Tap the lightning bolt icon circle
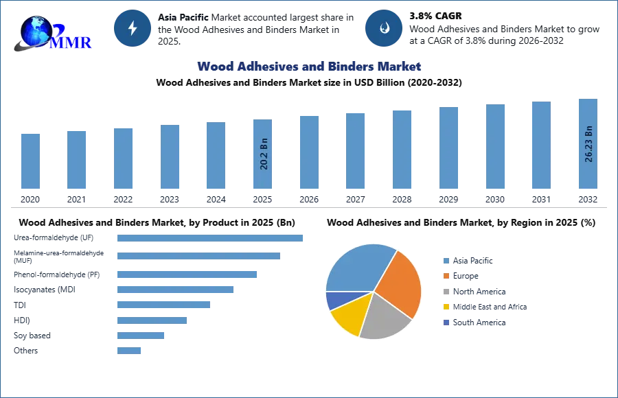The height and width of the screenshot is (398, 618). tap(133, 28)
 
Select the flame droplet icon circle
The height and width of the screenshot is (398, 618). tap(385, 28)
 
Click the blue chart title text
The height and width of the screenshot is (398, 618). tap(309, 67)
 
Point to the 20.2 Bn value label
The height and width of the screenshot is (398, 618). tap(264, 154)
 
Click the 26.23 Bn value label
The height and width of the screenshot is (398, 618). tap(588, 144)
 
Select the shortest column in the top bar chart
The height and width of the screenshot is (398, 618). tap(30, 162)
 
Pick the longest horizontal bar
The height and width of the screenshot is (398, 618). tap(211, 237)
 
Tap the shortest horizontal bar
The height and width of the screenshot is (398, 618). tap(129, 351)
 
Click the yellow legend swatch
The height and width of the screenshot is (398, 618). tap(446, 307)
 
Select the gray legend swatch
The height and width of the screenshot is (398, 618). tap(446, 292)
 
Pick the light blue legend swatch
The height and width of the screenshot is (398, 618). tap(446, 260)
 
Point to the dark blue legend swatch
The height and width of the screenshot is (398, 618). tap(446, 323)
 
